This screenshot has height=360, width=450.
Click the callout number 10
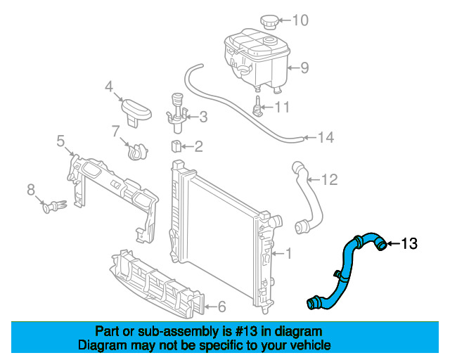(x=300, y=20)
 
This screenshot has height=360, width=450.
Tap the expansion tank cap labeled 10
(x=269, y=20)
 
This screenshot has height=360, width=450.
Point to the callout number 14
(x=326, y=138)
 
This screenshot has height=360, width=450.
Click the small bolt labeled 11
(x=259, y=108)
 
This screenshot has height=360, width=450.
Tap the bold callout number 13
(x=409, y=244)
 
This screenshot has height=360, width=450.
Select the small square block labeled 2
(x=177, y=146)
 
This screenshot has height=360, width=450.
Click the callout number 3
(x=202, y=117)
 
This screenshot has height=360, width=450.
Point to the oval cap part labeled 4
(x=136, y=110)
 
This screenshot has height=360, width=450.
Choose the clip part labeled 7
(x=136, y=149)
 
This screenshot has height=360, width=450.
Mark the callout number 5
(x=60, y=142)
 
